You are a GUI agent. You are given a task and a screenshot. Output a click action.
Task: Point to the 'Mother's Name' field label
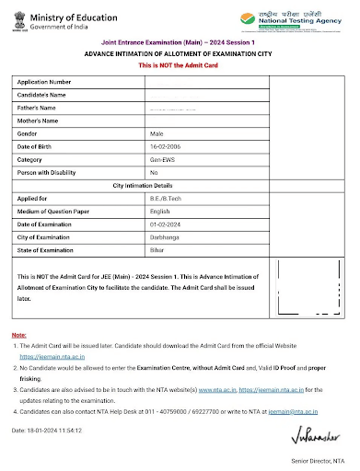(38, 121)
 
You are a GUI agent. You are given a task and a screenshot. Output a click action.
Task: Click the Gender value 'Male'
(157, 133)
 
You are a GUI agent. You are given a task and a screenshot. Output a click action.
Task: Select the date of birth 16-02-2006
(167, 146)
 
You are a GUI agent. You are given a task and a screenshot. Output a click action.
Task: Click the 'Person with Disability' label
(51, 172)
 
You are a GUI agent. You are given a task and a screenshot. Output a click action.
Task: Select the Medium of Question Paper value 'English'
(161, 211)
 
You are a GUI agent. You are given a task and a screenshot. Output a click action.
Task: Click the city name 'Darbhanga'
(166, 236)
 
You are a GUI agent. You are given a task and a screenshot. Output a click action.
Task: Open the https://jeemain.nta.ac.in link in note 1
(52, 354)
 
